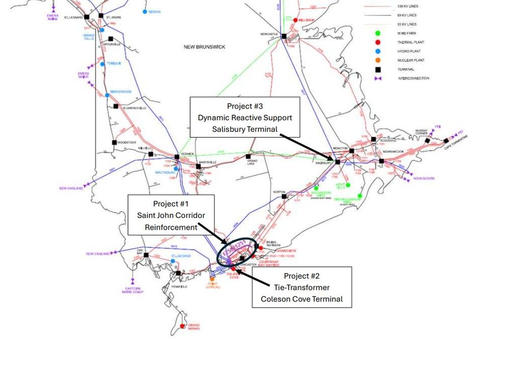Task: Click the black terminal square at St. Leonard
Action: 87,17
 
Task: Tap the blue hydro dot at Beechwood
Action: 108,95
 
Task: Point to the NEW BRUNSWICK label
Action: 205,47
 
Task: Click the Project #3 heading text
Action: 245,106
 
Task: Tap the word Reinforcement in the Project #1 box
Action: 171,227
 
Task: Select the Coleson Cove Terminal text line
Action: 301,299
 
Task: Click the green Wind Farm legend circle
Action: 377,33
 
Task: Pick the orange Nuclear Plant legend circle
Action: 377,60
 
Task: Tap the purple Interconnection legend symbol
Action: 377,78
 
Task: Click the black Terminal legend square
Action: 377,69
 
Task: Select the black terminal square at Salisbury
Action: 337,162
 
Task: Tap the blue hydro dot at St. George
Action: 173,261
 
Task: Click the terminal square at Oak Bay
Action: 146,255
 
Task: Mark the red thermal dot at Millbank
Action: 295,20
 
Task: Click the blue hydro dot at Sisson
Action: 145,11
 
